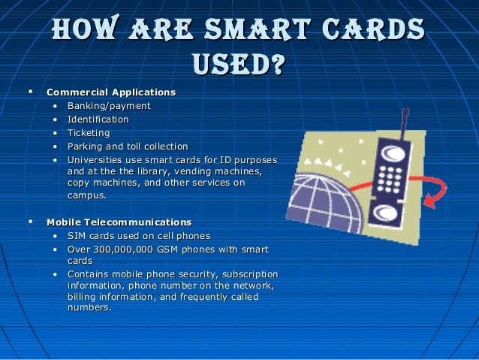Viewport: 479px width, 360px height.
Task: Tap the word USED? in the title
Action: point(239,63)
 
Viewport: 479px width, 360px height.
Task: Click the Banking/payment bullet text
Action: point(109,106)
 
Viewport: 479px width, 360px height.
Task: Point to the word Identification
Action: point(98,119)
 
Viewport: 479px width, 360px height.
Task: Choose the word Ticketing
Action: point(89,133)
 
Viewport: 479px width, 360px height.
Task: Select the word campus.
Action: point(86,195)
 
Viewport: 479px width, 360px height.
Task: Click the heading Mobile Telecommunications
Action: point(119,222)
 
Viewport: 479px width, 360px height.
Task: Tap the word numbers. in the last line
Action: point(89,307)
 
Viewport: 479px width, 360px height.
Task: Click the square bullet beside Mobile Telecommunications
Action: point(30,222)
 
